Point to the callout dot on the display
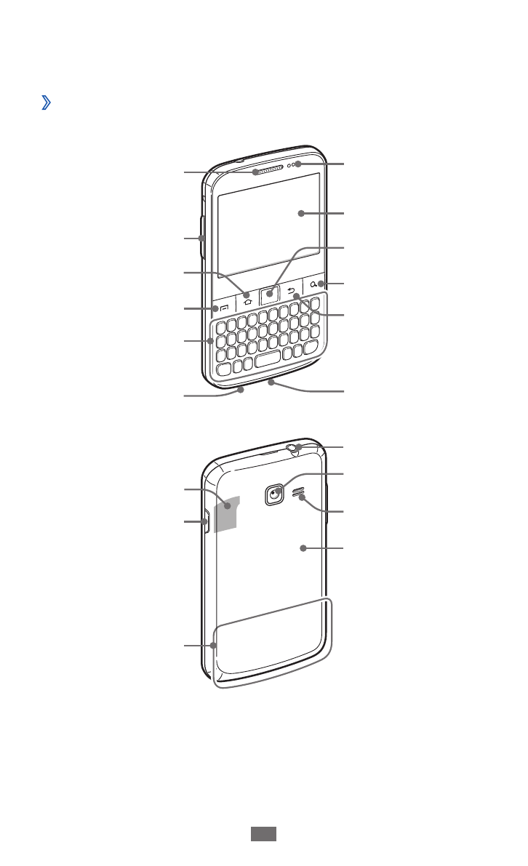(x=300, y=213)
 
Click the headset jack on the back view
(x=294, y=447)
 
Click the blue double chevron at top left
(x=46, y=104)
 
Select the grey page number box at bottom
(x=264, y=835)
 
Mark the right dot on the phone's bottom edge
(x=271, y=380)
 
